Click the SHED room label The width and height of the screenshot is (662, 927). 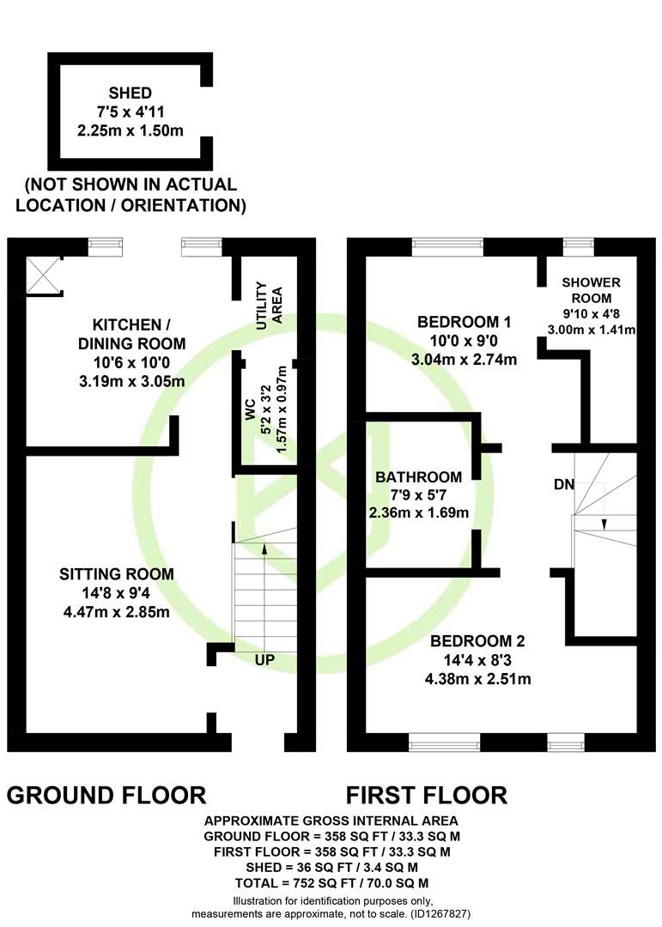point(131,93)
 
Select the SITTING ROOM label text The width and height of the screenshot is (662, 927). point(117,573)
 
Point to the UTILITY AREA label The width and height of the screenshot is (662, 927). point(269,306)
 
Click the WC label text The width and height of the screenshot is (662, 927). point(250,409)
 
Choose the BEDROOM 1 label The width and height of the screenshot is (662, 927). point(464,322)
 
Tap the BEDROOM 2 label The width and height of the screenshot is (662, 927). point(477,641)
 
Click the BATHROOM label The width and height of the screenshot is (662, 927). point(419,477)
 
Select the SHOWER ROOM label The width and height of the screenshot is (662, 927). point(591,290)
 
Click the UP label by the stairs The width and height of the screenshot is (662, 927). point(264,659)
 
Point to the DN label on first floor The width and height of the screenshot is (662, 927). point(564,484)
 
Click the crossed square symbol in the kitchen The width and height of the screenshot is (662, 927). point(45,276)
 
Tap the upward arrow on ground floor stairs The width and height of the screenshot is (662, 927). point(264,550)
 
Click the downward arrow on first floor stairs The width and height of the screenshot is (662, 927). point(604,524)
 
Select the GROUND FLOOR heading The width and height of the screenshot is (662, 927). point(106,795)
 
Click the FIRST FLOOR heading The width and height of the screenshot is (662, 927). point(427,795)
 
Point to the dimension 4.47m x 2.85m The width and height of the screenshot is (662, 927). point(117,611)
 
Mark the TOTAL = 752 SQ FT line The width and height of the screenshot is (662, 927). point(331,883)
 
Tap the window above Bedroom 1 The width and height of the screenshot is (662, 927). point(448,247)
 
